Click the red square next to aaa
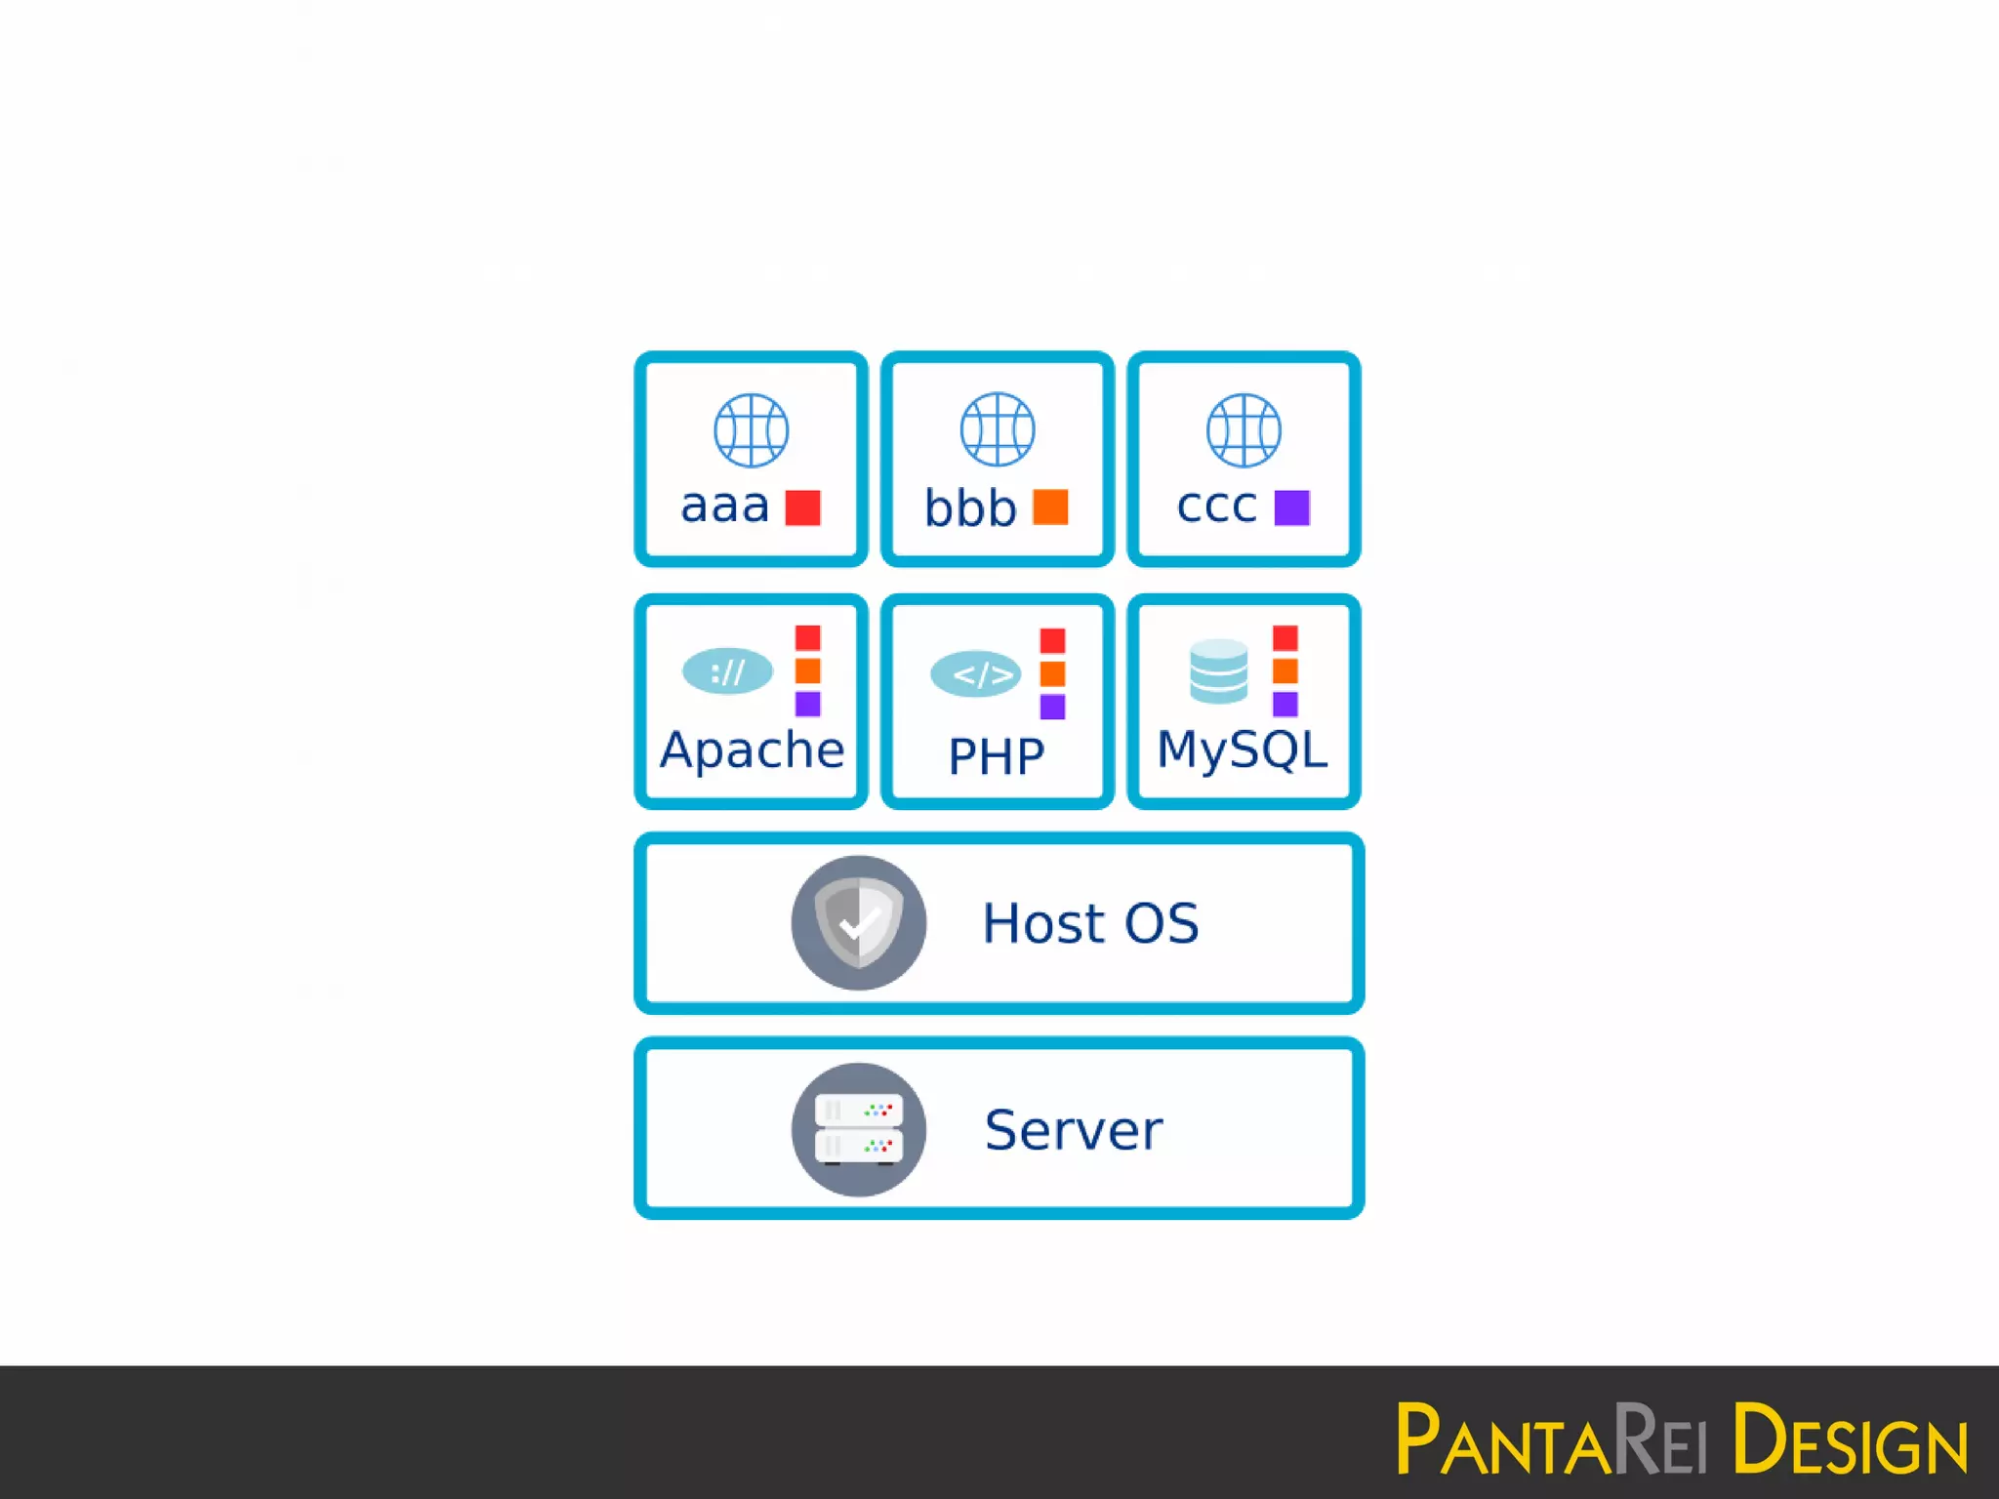coord(802,507)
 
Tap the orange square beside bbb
coord(1050,507)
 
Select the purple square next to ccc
coord(1291,507)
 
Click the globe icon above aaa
coord(751,430)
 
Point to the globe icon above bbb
coord(997,429)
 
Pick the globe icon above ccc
coord(1244,430)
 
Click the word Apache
coord(752,750)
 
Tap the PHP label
coord(997,756)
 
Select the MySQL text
coord(1242,750)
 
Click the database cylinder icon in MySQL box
coord(1218,671)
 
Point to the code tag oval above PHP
coord(975,674)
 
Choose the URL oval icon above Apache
coord(727,671)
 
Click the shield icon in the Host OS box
coord(858,922)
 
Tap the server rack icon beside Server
coord(858,1129)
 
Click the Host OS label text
coord(1090,923)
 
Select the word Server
coord(1074,1130)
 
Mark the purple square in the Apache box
coord(807,704)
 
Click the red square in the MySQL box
coord(1285,638)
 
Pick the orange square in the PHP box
coord(1052,673)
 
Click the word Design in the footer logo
coord(1850,1438)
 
